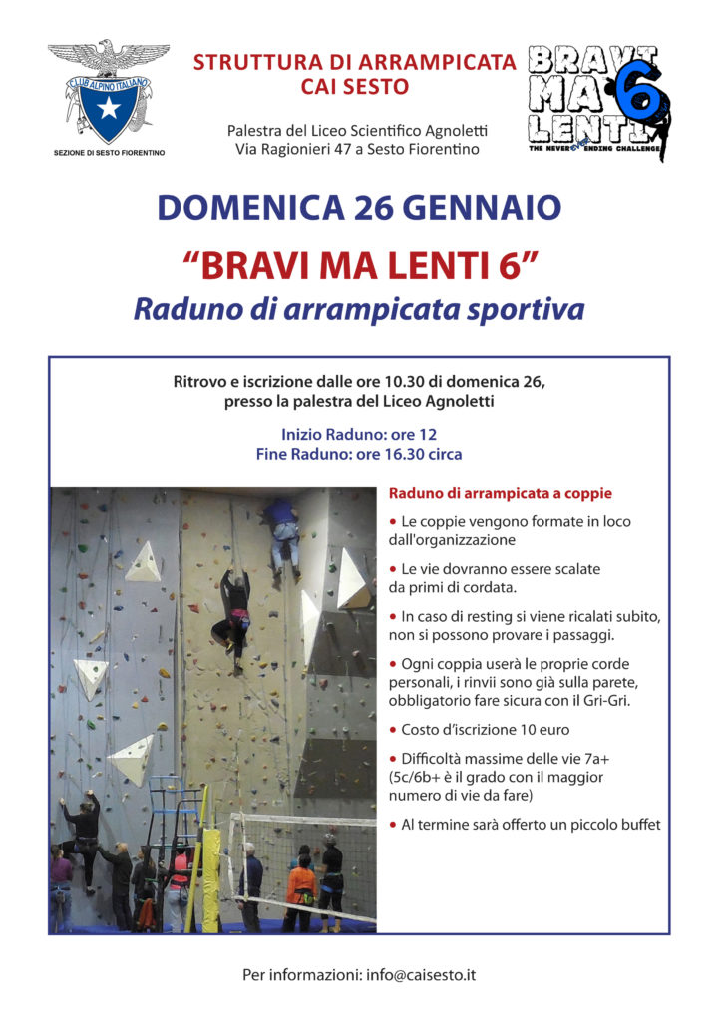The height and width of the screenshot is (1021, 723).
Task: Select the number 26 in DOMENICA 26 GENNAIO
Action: pos(352,209)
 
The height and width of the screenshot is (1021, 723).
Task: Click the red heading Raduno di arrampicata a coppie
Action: pos(500,493)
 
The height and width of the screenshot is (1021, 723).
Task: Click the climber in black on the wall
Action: pos(234,610)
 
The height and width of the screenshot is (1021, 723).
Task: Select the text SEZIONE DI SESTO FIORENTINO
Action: pos(109,153)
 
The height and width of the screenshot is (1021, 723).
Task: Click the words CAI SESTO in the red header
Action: pos(355,87)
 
